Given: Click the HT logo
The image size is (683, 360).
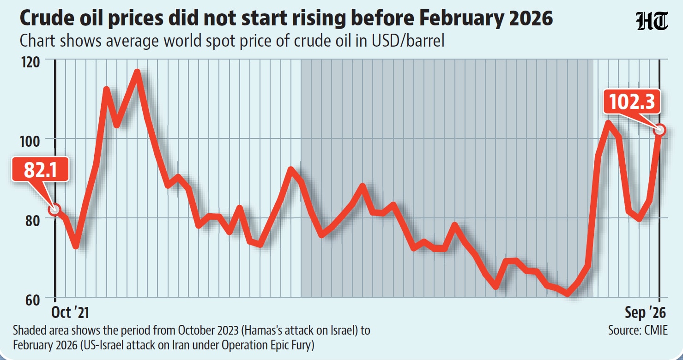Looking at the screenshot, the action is coord(652,21).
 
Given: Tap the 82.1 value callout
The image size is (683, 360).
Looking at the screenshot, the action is coord(40,169).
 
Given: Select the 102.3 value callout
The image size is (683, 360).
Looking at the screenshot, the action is coord(632,102).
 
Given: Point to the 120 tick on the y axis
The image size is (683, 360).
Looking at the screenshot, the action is coord(30,62).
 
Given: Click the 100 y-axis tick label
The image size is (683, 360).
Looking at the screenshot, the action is coord(30,141).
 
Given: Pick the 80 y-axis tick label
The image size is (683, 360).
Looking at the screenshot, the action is coord(33,221).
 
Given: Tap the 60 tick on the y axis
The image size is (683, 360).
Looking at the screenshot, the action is coord(33,300).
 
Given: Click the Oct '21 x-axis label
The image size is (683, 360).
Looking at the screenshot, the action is coord(70,312).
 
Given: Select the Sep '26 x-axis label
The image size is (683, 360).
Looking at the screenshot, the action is coord(645,313).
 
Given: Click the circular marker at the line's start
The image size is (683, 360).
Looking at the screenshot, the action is coord(55,210).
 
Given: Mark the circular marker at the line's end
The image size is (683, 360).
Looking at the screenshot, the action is coord(660,130).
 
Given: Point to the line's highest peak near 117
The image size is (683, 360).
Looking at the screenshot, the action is coord(137,72).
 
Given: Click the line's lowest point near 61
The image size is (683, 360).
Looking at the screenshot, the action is coord(567,294).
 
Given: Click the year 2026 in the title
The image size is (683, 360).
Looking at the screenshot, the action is coord(531,18).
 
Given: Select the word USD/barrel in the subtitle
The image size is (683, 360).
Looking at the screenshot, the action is coord(408,41).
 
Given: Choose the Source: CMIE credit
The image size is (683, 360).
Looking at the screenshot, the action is coord(638,330).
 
